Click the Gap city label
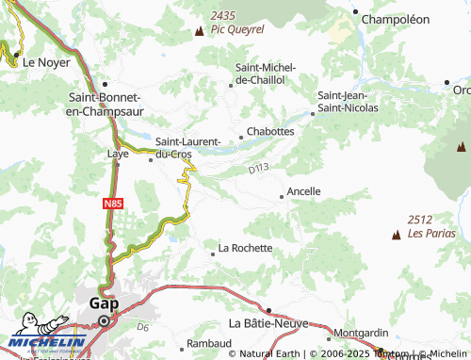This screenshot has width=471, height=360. click(103, 303)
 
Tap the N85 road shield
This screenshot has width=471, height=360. click(113, 202)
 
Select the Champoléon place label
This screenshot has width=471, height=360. click(396, 19)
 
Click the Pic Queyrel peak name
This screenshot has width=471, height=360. click(237, 29)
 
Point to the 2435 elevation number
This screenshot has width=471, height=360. click(224, 16)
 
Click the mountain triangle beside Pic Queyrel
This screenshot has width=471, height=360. click(199, 30)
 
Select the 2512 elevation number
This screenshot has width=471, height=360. click(420, 219)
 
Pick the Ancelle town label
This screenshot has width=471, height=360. click(303, 191)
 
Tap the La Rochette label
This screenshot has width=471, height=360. click(245, 249)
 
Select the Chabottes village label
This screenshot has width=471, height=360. click(270, 132)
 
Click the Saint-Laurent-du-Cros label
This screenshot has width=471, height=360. click(194, 148)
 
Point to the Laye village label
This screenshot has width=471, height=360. click(119, 152)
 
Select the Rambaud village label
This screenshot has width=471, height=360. click(208, 344)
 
